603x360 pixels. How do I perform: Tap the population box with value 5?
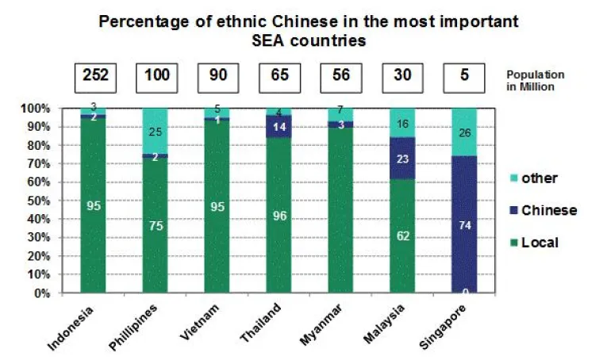(x=465, y=79)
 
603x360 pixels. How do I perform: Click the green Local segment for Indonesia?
(x=93, y=205)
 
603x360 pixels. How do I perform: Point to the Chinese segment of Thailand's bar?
(x=278, y=126)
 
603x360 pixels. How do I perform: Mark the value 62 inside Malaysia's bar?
(x=403, y=236)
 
